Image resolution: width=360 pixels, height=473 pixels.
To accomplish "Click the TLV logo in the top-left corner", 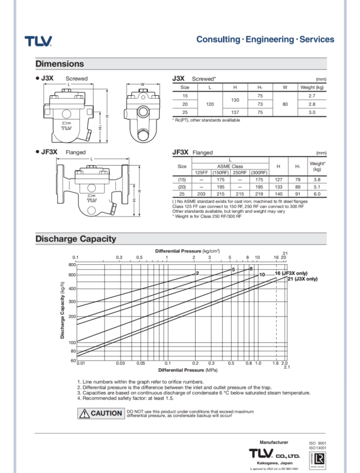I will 38,41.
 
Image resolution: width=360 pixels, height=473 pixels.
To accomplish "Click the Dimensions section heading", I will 60,64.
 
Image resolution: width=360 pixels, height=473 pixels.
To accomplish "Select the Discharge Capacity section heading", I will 76,239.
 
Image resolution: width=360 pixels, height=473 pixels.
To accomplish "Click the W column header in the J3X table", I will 284,87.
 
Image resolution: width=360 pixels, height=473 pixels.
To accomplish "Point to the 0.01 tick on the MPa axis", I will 82,364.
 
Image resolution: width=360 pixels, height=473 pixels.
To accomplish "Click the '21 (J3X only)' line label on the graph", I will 302,278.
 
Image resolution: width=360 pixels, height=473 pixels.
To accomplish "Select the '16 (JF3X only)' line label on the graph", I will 296,273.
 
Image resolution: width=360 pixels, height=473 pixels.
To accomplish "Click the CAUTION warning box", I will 100,413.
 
